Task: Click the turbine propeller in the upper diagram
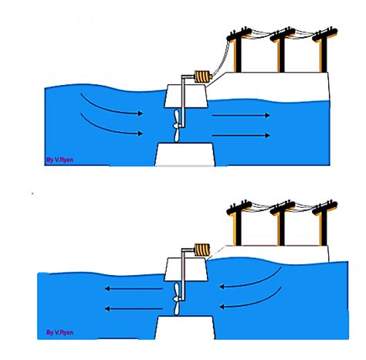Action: click(x=176, y=126)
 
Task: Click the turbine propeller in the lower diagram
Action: click(x=176, y=299)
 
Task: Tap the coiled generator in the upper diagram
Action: click(x=203, y=76)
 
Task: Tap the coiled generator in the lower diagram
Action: click(x=202, y=250)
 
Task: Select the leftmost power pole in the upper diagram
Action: click(x=239, y=49)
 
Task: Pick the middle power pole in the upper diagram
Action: click(x=282, y=49)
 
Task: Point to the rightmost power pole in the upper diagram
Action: click(x=324, y=49)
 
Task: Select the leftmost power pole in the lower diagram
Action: click(x=239, y=223)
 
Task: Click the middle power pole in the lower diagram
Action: click(x=282, y=223)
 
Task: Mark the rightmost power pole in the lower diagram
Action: click(x=324, y=223)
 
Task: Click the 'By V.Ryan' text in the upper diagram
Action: click(x=59, y=160)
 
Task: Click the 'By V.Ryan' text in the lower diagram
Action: click(x=59, y=332)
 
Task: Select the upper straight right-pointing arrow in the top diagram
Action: click(x=241, y=115)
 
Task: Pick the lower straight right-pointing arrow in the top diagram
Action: click(x=241, y=135)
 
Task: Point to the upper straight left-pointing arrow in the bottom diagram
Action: click(x=134, y=289)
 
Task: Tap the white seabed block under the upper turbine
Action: click(x=185, y=155)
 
